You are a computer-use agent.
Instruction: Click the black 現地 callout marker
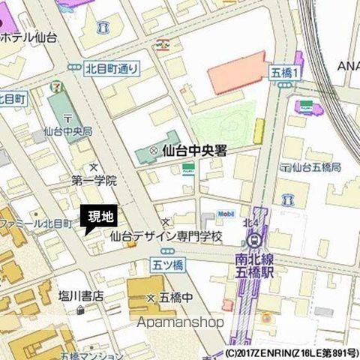100,218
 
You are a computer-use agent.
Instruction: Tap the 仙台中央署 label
194,151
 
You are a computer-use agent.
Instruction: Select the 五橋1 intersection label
284,72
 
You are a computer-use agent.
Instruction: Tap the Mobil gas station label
226,214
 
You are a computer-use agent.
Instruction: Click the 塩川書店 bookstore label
81,296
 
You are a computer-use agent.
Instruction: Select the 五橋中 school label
177,297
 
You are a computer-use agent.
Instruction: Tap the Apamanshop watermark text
181,322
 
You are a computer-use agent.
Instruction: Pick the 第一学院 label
94,181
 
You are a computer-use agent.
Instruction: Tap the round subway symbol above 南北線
253,241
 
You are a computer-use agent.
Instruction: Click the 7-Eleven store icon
56,87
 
